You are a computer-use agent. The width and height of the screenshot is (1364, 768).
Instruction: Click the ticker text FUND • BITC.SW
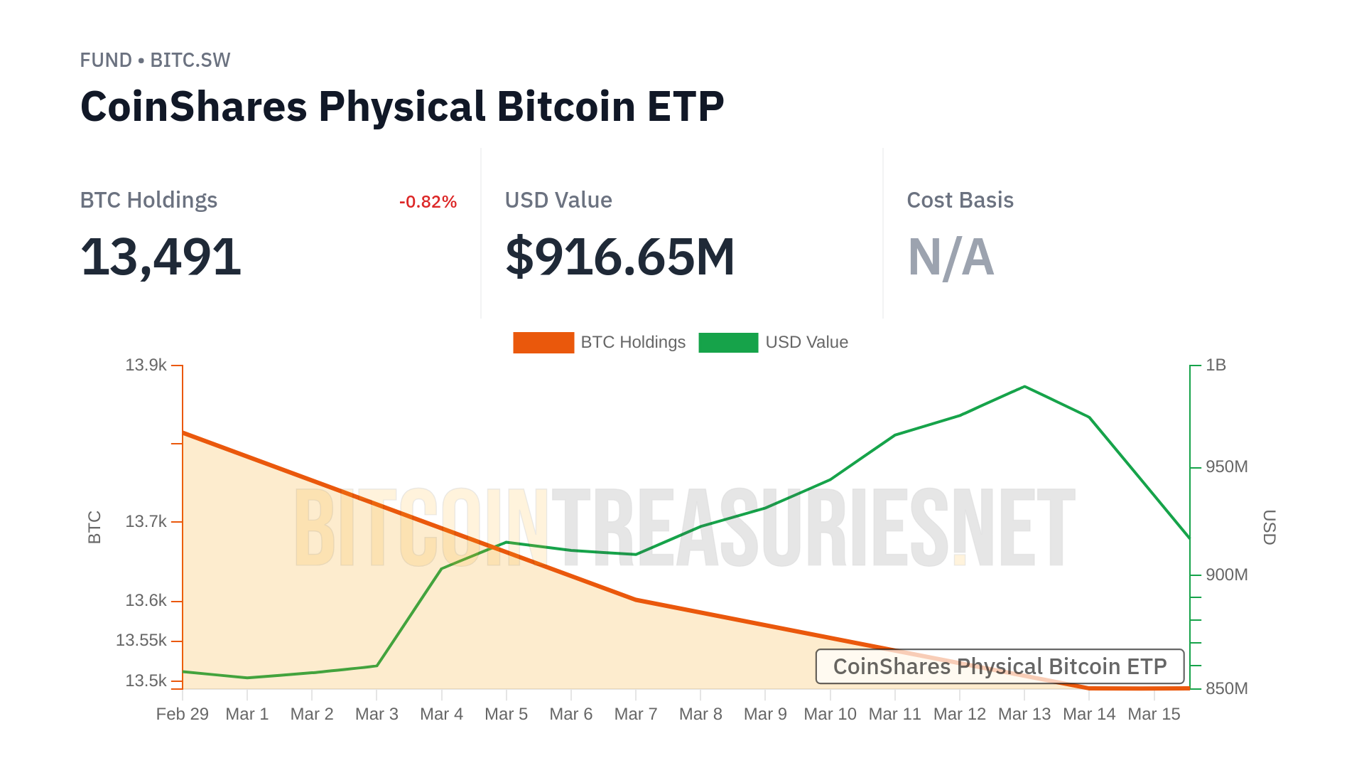[x=155, y=60]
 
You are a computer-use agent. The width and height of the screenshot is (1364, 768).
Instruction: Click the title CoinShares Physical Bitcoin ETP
[x=402, y=107]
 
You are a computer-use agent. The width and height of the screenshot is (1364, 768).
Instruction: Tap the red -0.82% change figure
[x=428, y=202]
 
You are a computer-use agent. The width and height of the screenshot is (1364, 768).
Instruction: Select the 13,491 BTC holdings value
[x=161, y=257]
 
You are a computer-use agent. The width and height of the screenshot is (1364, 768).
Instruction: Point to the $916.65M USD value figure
[x=619, y=257]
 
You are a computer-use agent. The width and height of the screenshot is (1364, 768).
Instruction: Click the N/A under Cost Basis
[x=951, y=257]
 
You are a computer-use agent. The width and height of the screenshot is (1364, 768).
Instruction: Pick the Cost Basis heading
[x=960, y=201]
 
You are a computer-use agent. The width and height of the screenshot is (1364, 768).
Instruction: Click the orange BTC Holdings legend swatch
[x=543, y=343]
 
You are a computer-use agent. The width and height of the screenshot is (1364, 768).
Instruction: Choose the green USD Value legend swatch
[x=728, y=343]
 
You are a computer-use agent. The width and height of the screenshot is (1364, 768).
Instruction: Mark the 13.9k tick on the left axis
[x=146, y=366]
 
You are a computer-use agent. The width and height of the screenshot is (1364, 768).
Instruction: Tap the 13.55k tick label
[x=141, y=641]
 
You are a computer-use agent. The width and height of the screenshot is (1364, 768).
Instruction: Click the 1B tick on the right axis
[x=1216, y=366]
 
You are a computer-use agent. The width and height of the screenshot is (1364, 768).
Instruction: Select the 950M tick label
[x=1226, y=467]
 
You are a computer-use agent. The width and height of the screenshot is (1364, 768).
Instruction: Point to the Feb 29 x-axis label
[x=183, y=714]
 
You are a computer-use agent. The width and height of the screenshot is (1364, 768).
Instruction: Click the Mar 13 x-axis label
[x=1024, y=714]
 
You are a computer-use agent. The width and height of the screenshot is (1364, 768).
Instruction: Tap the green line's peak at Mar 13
[x=1024, y=387]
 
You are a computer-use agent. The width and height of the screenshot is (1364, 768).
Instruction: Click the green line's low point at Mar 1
[x=247, y=678]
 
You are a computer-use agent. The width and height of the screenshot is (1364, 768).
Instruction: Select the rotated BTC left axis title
[x=94, y=527]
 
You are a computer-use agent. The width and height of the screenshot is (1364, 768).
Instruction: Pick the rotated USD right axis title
[x=1270, y=527]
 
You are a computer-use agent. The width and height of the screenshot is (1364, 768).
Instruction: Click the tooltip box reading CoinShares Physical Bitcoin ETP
[x=1000, y=666]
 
